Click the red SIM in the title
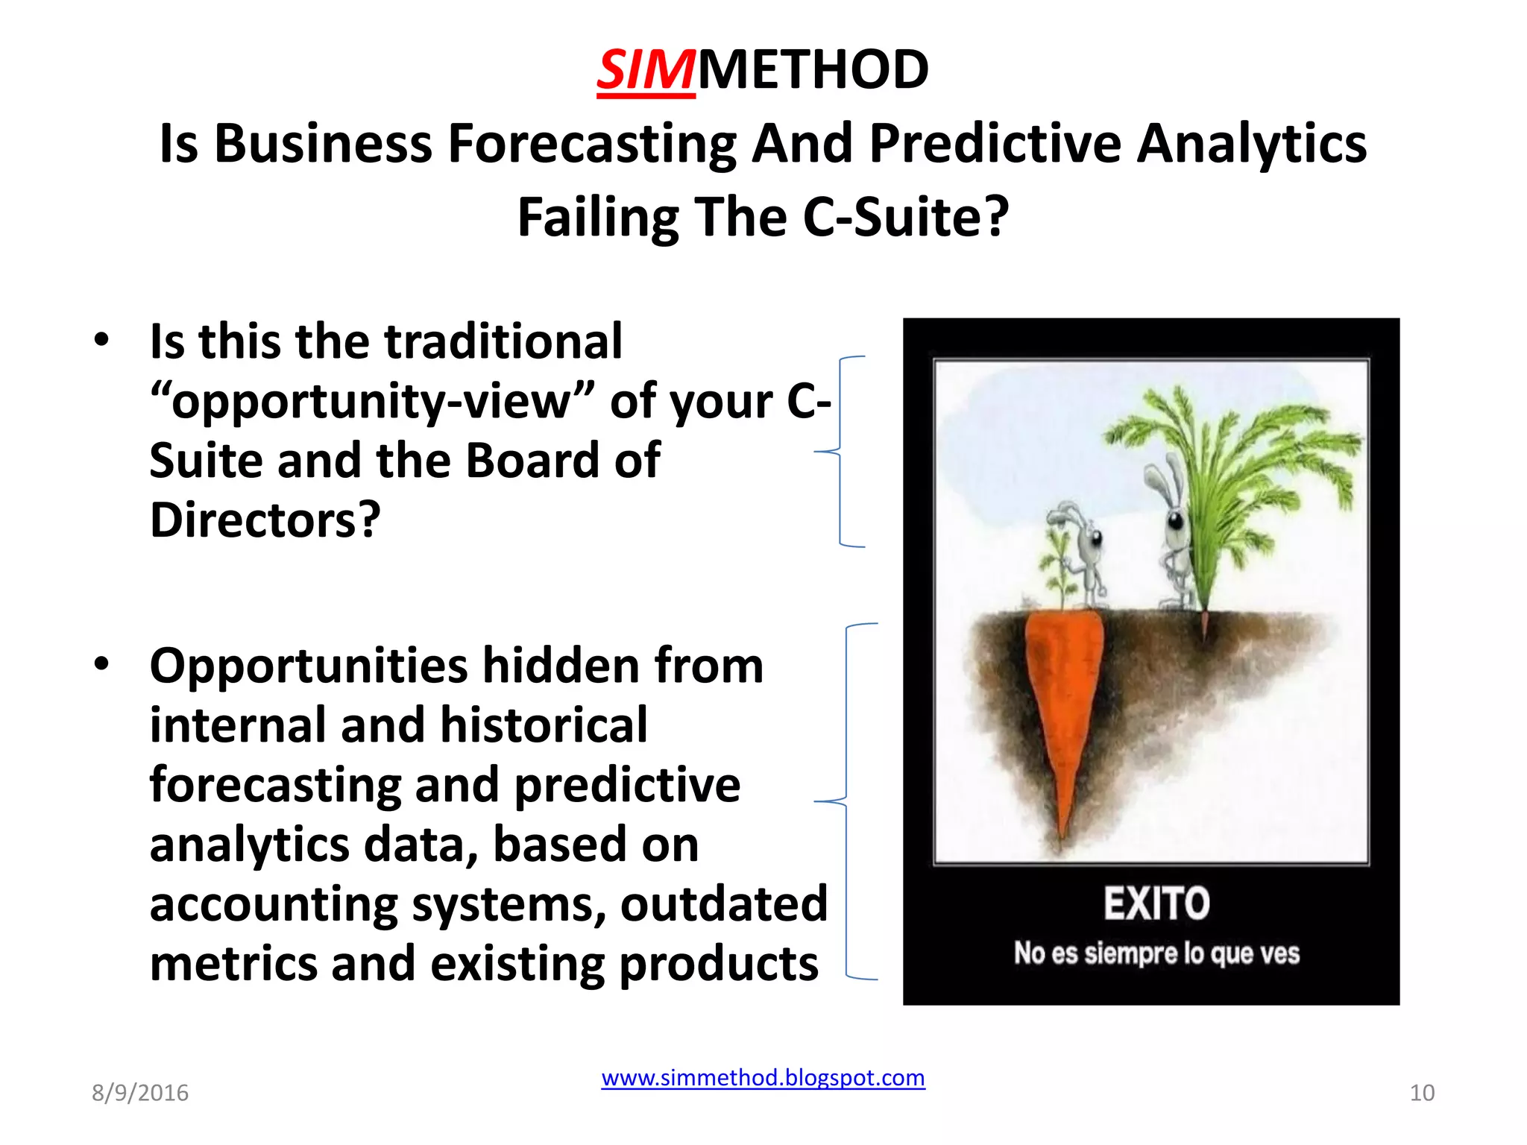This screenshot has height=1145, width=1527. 646,70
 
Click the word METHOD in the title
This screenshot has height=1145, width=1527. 813,70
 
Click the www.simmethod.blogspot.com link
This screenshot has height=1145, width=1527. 763,1077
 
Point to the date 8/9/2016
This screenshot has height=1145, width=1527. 140,1093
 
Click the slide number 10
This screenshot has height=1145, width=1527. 1422,1093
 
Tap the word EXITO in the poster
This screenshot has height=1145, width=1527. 1156,903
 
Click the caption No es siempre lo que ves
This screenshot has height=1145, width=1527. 1156,953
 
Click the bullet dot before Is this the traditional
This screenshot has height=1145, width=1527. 102,340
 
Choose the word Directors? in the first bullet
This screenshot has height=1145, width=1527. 265,520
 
